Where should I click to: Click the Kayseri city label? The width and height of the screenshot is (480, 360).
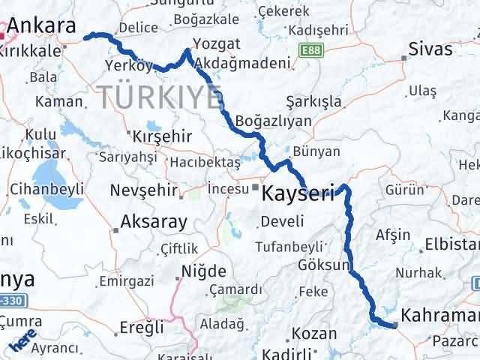click(x=298, y=193)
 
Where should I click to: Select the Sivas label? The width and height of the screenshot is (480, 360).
click(x=430, y=49)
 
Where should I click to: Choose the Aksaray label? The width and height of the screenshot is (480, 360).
click(x=148, y=223)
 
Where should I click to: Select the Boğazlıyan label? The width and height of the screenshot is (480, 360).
click(x=268, y=120)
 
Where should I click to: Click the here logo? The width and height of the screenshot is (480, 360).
click(x=24, y=343)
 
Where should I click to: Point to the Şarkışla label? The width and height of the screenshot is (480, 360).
click(x=314, y=101)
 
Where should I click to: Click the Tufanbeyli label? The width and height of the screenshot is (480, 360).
click(x=289, y=247)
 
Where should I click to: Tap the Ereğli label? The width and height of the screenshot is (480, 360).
click(x=142, y=327)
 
